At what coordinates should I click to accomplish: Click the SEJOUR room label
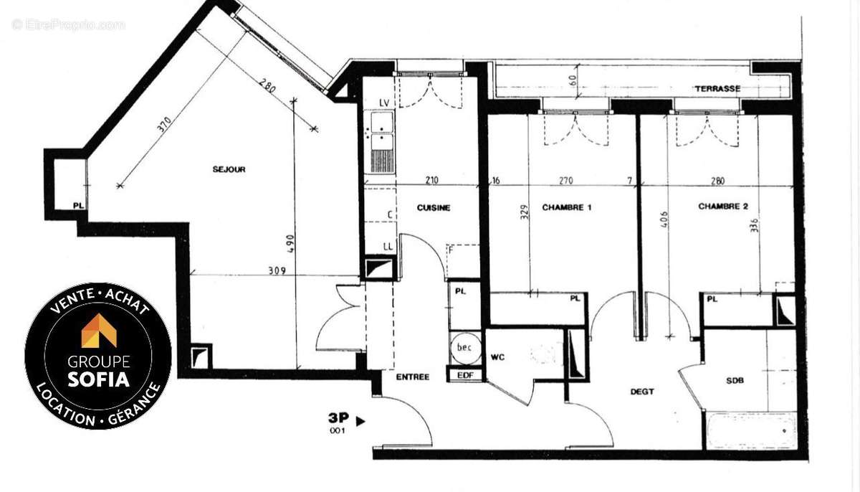pyautogui.click(x=229, y=170)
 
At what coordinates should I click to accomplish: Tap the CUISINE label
pyautogui.click(x=434, y=208)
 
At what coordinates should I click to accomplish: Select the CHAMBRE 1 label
pyautogui.click(x=566, y=208)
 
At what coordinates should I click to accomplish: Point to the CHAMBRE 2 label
pyautogui.click(x=723, y=207)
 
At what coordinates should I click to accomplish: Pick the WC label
pyautogui.click(x=499, y=356)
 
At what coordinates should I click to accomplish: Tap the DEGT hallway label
pyautogui.click(x=641, y=392)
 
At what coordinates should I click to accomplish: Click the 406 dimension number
pyautogui.click(x=663, y=219)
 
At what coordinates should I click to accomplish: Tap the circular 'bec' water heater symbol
pyautogui.click(x=464, y=348)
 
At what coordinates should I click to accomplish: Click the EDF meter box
pyautogui.click(x=464, y=374)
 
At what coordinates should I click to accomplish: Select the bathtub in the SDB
pyautogui.click(x=750, y=431)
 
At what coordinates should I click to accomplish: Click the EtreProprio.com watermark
pyautogui.click(x=68, y=24)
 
